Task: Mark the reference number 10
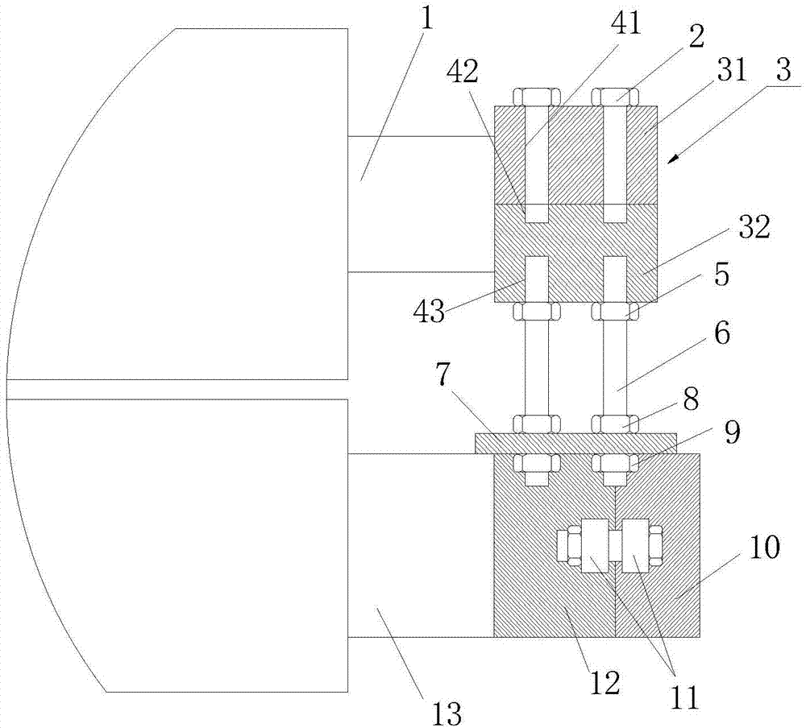(765, 549)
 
